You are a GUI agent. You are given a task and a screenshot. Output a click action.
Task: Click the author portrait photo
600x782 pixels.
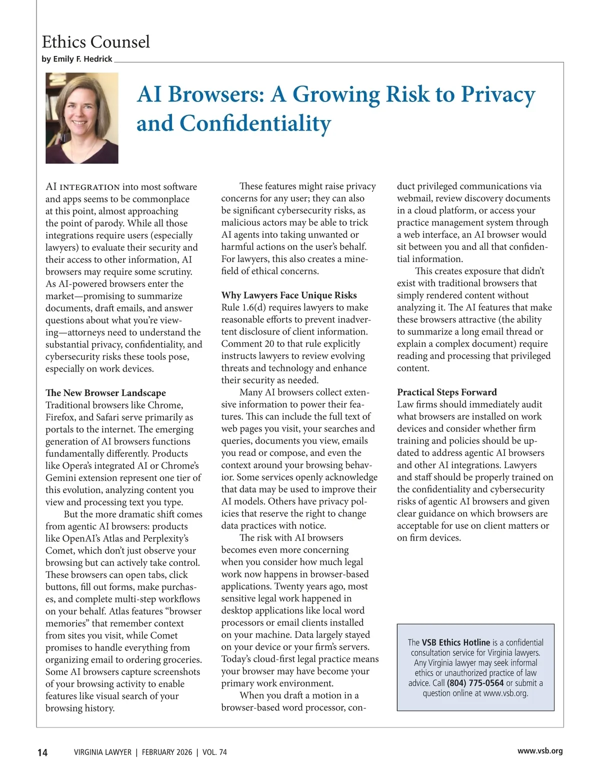(82, 118)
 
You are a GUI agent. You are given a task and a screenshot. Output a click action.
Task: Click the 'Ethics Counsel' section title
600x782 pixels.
(95, 41)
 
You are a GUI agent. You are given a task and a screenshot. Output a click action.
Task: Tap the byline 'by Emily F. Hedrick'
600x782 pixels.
(77, 59)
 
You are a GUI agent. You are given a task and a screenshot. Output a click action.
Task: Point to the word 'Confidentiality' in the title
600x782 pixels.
(255, 123)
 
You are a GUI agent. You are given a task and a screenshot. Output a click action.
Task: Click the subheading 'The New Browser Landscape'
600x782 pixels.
(105, 393)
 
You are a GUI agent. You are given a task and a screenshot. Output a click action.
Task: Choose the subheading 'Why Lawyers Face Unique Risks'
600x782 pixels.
(289, 295)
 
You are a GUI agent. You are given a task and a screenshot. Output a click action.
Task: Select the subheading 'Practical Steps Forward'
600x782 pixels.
(446, 392)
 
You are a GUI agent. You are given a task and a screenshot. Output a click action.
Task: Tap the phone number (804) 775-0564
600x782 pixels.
(475, 683)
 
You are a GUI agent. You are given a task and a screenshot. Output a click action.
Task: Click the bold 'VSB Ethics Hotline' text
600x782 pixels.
(456, 642)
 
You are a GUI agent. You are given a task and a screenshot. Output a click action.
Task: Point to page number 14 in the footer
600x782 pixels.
(42, 752)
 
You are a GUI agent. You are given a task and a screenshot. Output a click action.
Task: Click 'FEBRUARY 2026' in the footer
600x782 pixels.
(167, 752)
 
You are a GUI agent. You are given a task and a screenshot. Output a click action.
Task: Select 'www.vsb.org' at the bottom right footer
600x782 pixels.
(540, 751)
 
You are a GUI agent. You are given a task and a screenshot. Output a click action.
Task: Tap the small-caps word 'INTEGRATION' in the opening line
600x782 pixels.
(90, 187)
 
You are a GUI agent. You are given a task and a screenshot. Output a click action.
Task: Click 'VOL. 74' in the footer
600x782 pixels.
(214, 752)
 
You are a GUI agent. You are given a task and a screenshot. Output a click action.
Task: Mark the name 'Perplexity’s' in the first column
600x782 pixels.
(165, 539)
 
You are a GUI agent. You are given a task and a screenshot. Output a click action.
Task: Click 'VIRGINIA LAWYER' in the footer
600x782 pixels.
(102, 752)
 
